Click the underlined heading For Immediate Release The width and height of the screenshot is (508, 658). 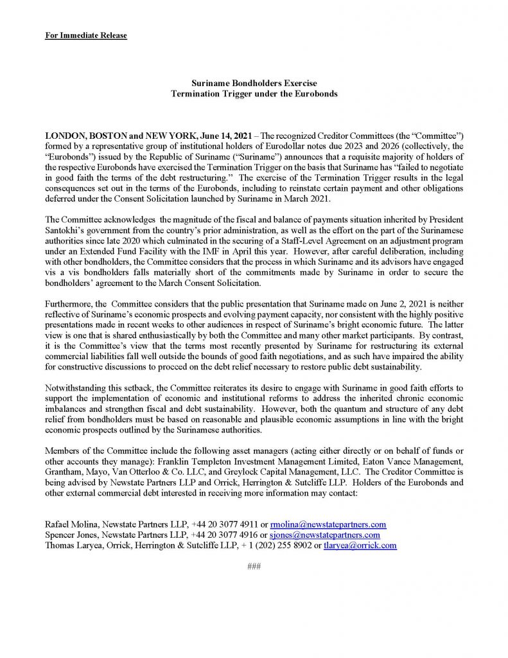point(86,35)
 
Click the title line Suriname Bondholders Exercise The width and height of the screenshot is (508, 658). point(254,84)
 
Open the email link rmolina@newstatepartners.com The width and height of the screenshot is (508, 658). point(329,524)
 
